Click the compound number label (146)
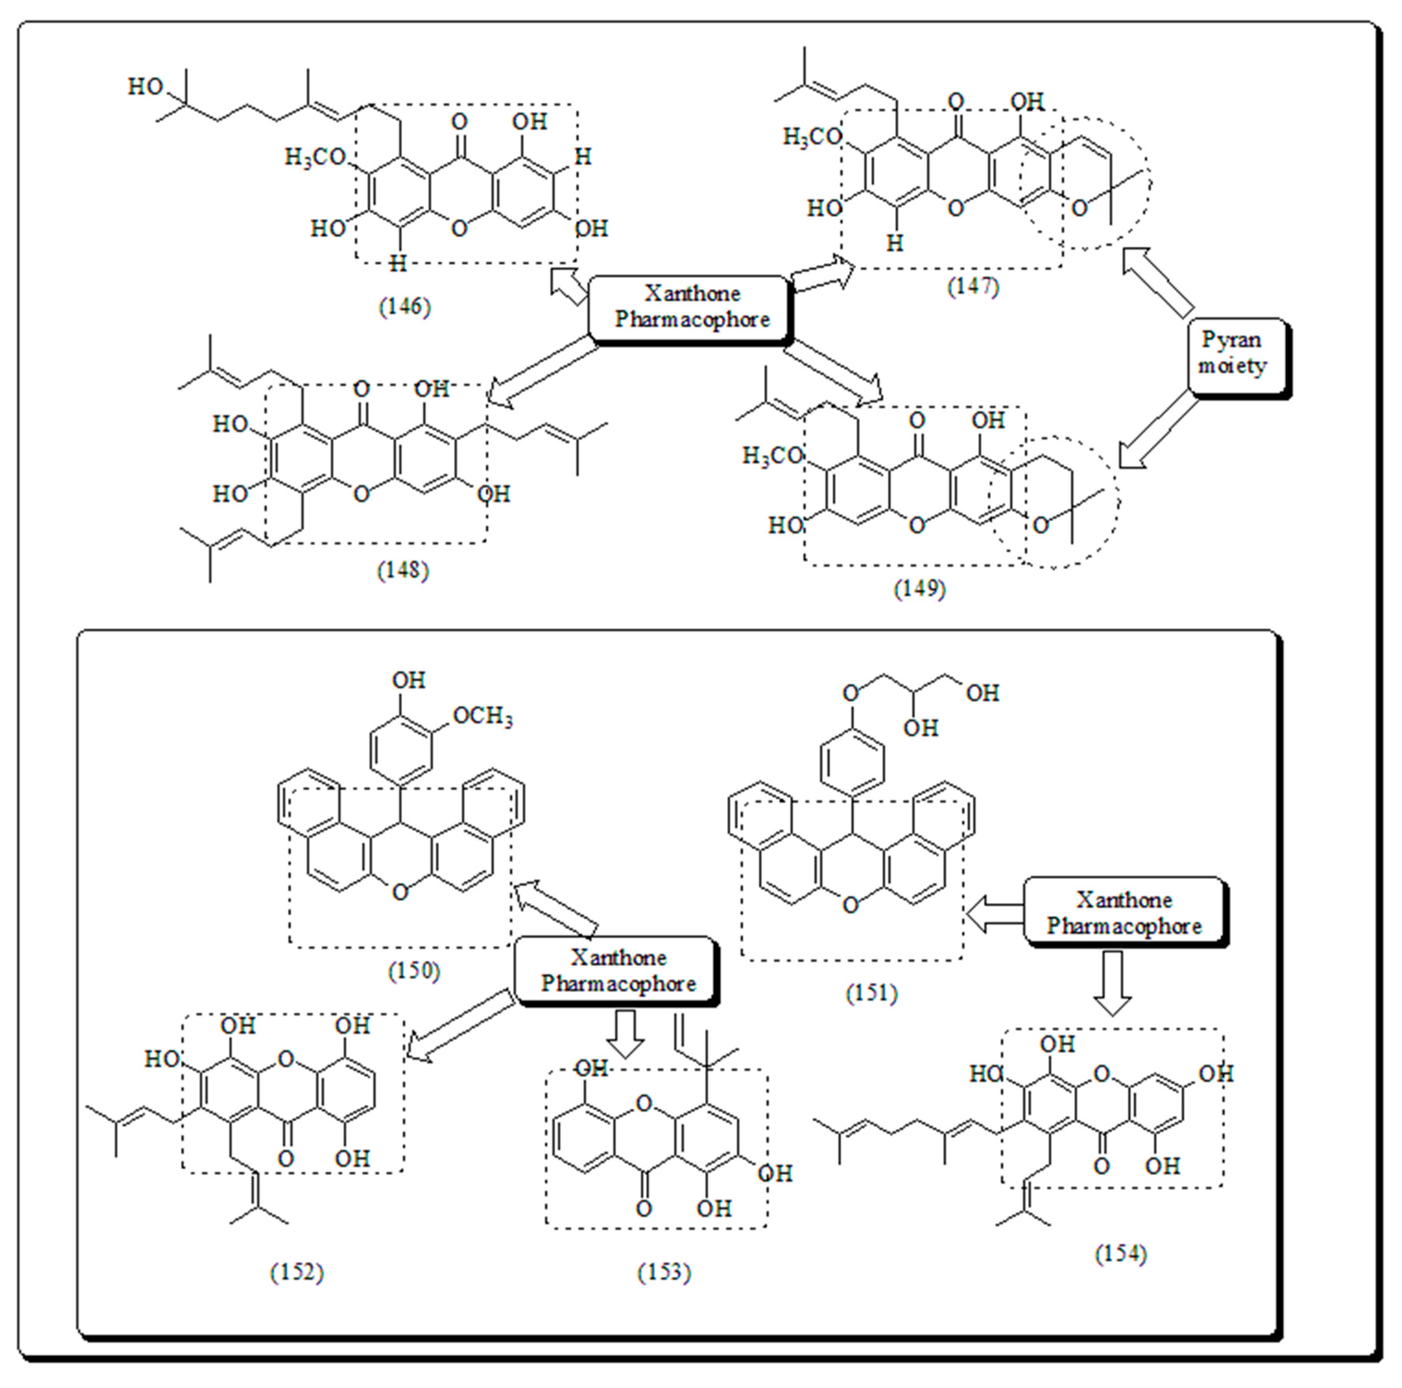pos(404,307)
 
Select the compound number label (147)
pos(972,286)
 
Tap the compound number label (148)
pos(403,570)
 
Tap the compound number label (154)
pos(1120,1254)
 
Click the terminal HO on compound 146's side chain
pos(145,87)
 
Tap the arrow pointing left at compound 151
pos(994,913)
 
